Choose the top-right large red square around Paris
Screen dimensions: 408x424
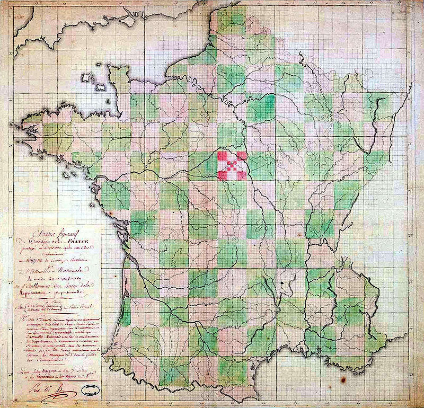pos(242,155)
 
